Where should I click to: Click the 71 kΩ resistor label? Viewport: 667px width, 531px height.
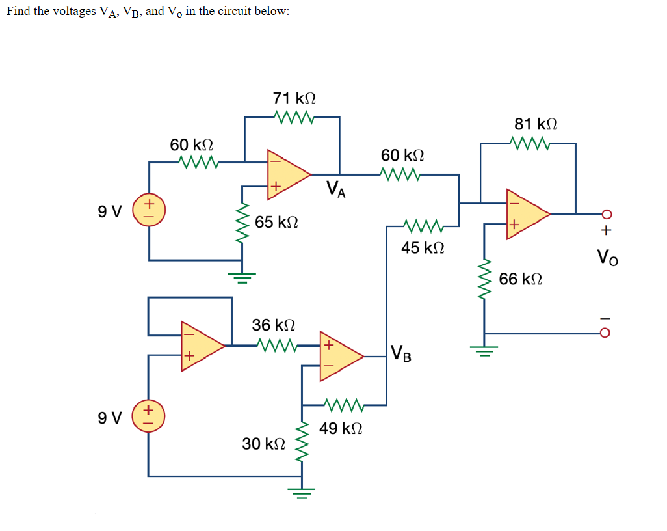pos(294,98)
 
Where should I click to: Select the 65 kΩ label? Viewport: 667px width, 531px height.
pos(276,223)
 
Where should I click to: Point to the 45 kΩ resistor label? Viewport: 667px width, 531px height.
pos(423,248)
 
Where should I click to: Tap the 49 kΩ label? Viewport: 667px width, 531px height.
pos(341,429)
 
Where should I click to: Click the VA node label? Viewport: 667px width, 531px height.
pos(336,189)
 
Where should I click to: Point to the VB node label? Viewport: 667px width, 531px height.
pos(401,355)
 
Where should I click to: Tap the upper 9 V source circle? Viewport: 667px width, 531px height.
pos(149,210)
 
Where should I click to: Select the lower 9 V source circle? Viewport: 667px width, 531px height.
pos(149,416)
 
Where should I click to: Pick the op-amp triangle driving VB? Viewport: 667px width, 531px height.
pos(339,356)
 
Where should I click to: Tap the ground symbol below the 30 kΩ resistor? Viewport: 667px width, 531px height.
pos(302,489)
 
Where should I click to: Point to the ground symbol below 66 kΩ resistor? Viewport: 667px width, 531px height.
pos(484,351)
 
